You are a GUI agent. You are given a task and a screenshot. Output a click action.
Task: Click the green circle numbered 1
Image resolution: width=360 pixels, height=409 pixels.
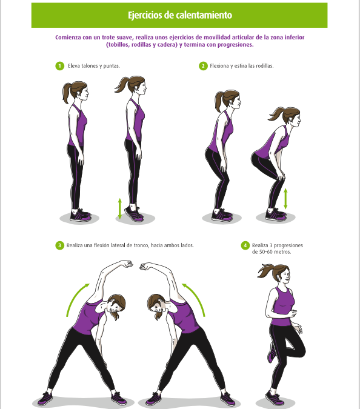coord(60,66)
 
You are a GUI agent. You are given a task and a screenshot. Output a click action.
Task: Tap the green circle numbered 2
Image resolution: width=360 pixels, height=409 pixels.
coord(203,66)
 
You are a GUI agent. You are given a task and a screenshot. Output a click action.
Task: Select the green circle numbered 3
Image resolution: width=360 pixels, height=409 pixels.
coord(60,245)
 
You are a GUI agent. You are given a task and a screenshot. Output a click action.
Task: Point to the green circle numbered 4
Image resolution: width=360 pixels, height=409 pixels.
coord(245,245)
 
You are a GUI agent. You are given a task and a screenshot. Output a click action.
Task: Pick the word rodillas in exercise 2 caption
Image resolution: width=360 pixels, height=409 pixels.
coord(264,66)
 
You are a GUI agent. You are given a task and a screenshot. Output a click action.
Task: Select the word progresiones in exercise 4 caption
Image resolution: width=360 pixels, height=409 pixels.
coord(288,245)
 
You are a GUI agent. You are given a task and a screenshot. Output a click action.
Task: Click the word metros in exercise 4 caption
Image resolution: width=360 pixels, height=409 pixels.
coord(282,252)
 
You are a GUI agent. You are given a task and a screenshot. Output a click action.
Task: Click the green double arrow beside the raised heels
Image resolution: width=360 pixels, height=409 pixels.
coord(120,208)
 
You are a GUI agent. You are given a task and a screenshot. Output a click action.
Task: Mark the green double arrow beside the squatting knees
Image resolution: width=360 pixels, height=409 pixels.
coord(285,199)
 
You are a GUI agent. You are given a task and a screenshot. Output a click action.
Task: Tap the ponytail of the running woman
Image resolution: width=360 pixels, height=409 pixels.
coord(265,271)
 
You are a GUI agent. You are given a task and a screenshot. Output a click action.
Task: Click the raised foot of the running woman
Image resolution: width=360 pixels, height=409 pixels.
coord(272,353)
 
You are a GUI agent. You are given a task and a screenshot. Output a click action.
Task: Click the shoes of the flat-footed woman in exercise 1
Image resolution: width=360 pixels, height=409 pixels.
coord(81,215)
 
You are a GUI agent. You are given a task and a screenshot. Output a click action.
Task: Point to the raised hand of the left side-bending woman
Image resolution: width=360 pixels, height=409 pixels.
coord(128,264)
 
